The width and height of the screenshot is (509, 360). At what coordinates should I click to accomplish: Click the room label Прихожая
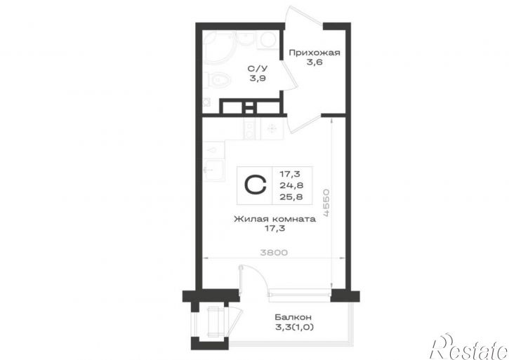point(315,52)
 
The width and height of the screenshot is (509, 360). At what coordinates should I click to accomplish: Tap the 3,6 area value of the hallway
point(315,62)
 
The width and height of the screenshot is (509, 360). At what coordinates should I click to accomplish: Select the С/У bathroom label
point(258,69)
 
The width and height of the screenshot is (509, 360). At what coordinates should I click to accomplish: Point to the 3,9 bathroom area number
point(258,78)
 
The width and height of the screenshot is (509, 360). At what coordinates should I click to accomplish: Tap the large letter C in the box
point(255,185)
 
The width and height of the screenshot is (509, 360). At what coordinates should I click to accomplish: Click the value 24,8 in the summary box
point(291,185)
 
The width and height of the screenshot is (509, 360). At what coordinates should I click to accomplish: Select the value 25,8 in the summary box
point(291,196)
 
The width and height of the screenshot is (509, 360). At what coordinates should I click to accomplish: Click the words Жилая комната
point(275,219)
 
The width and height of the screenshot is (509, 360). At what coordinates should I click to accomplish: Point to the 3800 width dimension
point(274,252)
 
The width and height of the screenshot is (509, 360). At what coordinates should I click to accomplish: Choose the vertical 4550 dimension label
point(326,203)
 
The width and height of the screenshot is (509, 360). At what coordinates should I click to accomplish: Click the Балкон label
point(293,316)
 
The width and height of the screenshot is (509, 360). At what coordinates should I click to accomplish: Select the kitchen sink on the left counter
point(213,170)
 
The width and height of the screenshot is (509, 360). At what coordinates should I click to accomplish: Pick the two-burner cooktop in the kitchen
point(250,128)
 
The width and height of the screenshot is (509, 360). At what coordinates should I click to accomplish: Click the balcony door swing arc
point(256,276)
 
